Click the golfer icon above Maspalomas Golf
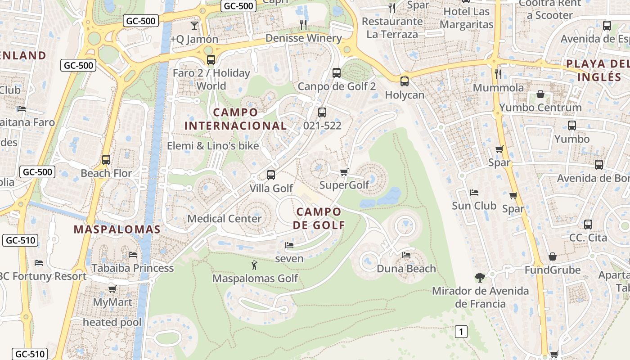click(x=254, y=265)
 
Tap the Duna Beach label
click(x=406, y=269)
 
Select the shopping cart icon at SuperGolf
click(x=344, y=172)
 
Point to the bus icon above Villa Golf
click(x=270, y=175)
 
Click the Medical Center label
click(x=224, y=219)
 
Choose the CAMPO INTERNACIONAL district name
click(x=235, y=119)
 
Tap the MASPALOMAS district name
click(x=117, y=229)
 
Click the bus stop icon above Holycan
click(x=405, y=81)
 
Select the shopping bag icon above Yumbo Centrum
click(x=540, y=94)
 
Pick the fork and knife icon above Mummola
click(x=498, y=74)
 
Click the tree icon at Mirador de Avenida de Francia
click(x=480, y=277)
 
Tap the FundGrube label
click(x=553, y=270)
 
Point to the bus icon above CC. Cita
click(x=588, y=224)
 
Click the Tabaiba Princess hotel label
click(x=132, y=268)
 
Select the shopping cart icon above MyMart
click(x=112, y=289)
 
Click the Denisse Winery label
click(x=303, y=38)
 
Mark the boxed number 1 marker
click(x=461, y=332)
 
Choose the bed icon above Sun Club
click(x=474, y=193)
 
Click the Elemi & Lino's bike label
click(x=213, y=146)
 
